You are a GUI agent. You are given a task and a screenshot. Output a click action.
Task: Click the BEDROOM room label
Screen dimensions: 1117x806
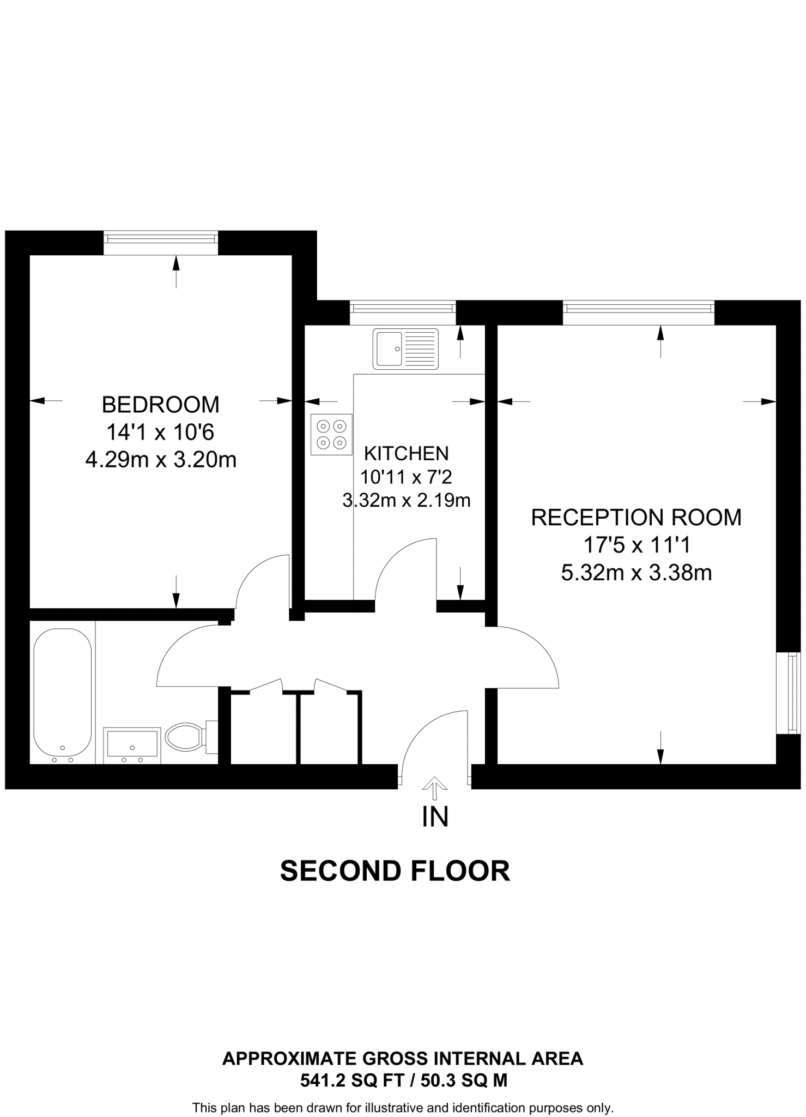coord(161,405)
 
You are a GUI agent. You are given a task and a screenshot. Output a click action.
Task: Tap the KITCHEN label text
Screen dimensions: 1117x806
coord(406,453)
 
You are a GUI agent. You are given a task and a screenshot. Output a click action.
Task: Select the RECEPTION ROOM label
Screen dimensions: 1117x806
coord(636,517)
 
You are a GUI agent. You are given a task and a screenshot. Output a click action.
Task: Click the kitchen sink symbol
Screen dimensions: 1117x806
coord(405,349)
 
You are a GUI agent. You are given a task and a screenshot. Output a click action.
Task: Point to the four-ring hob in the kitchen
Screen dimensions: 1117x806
coord(331,434)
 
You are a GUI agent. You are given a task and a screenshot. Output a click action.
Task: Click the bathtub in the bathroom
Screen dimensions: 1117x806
coord(63,695)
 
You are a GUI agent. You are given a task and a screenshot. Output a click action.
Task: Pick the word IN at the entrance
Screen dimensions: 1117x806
coord(435,817)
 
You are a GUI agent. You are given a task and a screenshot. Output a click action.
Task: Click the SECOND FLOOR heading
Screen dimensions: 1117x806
coord(395,871)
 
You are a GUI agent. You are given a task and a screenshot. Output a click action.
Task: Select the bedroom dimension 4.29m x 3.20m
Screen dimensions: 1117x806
coord(161,460)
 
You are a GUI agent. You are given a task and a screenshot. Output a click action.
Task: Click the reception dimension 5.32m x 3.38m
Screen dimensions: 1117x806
coord(636,573)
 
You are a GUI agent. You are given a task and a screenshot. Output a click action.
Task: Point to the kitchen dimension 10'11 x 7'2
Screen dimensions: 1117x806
coord(406,477)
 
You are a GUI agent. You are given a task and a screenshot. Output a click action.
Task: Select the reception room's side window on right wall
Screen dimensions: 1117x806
coord(793,693)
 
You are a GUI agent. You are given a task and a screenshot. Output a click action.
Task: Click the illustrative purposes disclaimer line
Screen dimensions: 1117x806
coord(403,1108)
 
